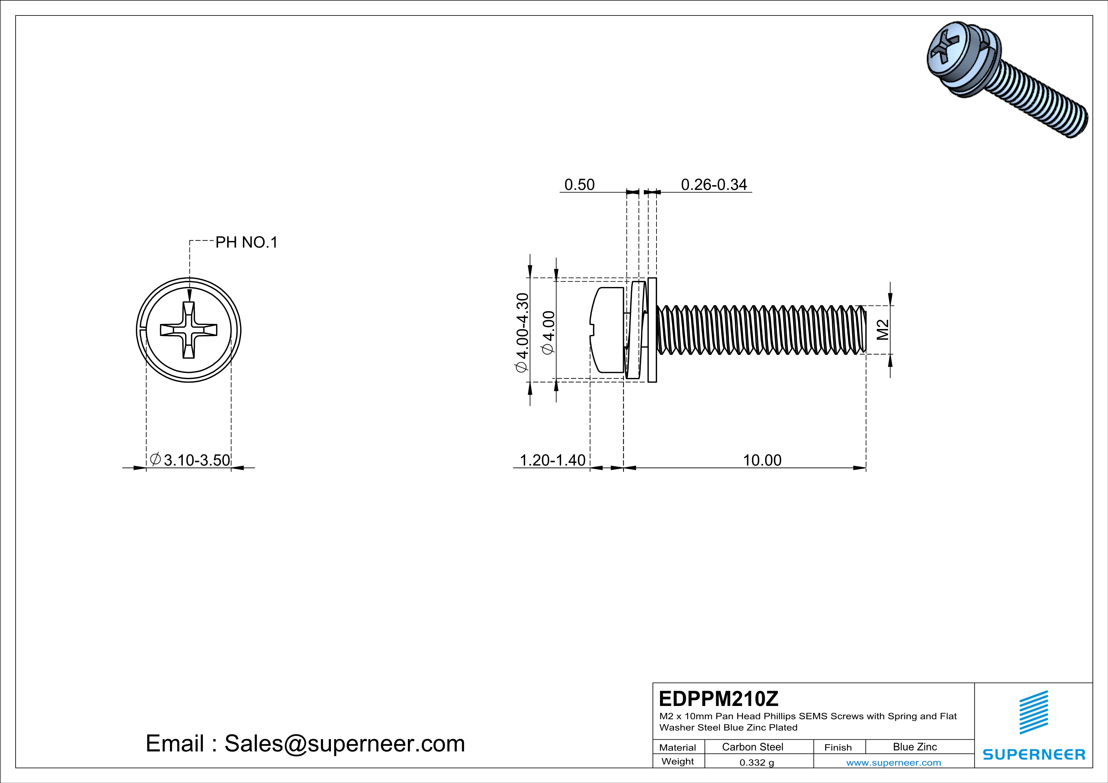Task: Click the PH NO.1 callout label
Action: (246, 242)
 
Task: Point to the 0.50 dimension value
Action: (579, 185)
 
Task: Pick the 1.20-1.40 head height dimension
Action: (552, 460)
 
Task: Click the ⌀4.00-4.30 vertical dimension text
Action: (522, 333)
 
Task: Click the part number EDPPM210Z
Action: (718, 699)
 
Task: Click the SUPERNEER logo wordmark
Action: (1034, 755)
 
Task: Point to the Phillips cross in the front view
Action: (189, 330)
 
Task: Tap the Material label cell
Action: (678, 747)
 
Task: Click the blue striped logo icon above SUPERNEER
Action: (1034, 712)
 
